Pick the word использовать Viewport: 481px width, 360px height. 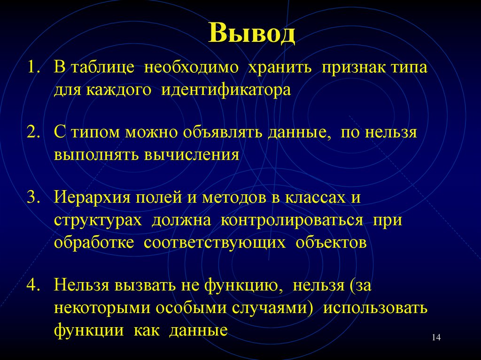tap(375, 307)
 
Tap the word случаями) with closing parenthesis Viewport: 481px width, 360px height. tap(277, 307)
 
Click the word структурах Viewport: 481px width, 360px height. tap(98, 220)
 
